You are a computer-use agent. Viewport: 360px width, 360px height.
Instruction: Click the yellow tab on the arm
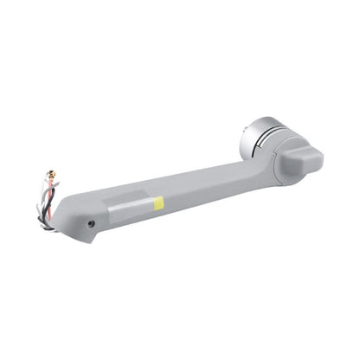pos(158,202)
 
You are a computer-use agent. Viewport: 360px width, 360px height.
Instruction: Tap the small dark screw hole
pos(92,223)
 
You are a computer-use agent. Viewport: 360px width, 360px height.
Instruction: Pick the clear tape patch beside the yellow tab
pos(130,208)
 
